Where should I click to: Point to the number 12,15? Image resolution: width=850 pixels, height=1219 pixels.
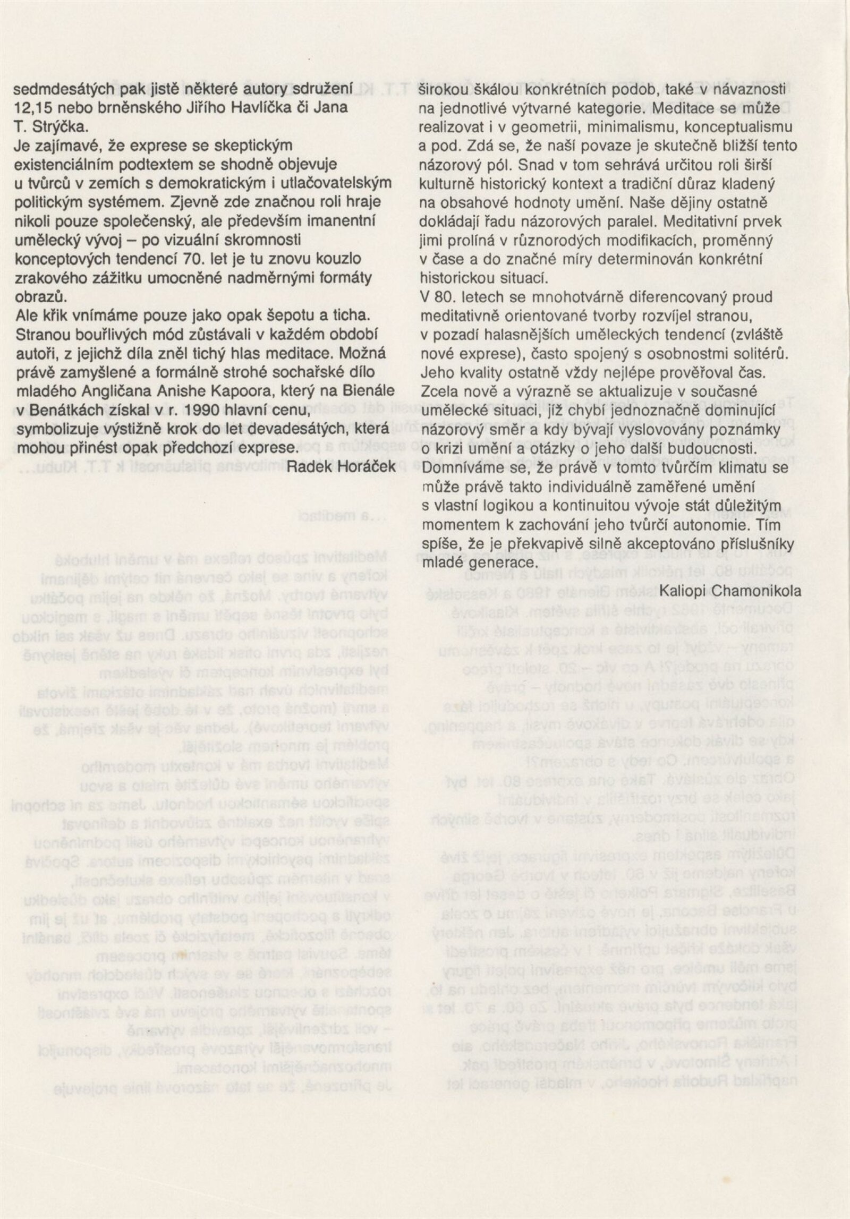pyautogui.click(x=33, y=107)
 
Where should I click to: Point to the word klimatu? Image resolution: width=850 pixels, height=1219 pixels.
pyautogui.click(x=739, y=467)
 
